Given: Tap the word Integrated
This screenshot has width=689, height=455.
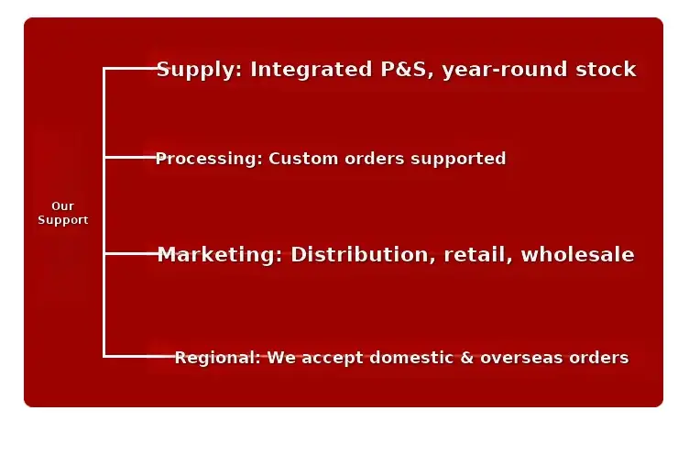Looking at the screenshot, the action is tap(312, 70).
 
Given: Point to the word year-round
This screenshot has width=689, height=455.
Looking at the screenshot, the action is tap(505, 70).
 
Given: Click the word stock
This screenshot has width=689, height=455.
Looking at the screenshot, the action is tap(606, 69).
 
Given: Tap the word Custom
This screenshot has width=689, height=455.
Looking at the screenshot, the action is tap(303, 158).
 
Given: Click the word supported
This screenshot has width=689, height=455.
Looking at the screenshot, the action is tap(458, 159).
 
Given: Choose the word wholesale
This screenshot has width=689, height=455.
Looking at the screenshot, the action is tap(578, 254).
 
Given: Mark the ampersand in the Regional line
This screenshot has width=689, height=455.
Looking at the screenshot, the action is tap(466, 358).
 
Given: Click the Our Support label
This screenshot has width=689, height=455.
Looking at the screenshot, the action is tap(63, 213).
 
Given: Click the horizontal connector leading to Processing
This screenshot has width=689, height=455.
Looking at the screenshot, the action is tap(130, 157).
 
